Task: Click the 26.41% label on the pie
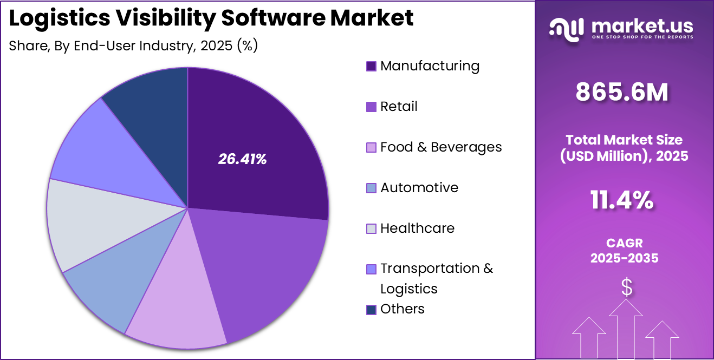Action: tap(242, 159)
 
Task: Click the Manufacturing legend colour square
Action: tap(371, 67)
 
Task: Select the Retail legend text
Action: tap(399, 107)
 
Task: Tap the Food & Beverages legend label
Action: tap(441, 147)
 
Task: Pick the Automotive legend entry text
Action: tap(419, 188)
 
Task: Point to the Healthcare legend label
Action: tap(417, 228)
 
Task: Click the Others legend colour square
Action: tap(371, 310)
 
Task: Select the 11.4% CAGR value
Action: tap(622, 201)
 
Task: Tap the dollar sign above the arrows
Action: tap(627, 288)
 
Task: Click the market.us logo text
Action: tap(642, 25)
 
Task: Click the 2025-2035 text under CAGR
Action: tap(624, 258)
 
